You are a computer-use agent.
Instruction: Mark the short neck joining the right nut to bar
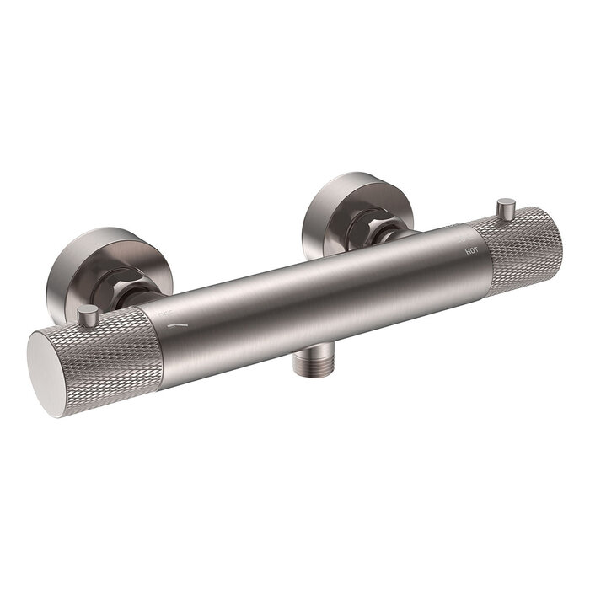396,236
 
